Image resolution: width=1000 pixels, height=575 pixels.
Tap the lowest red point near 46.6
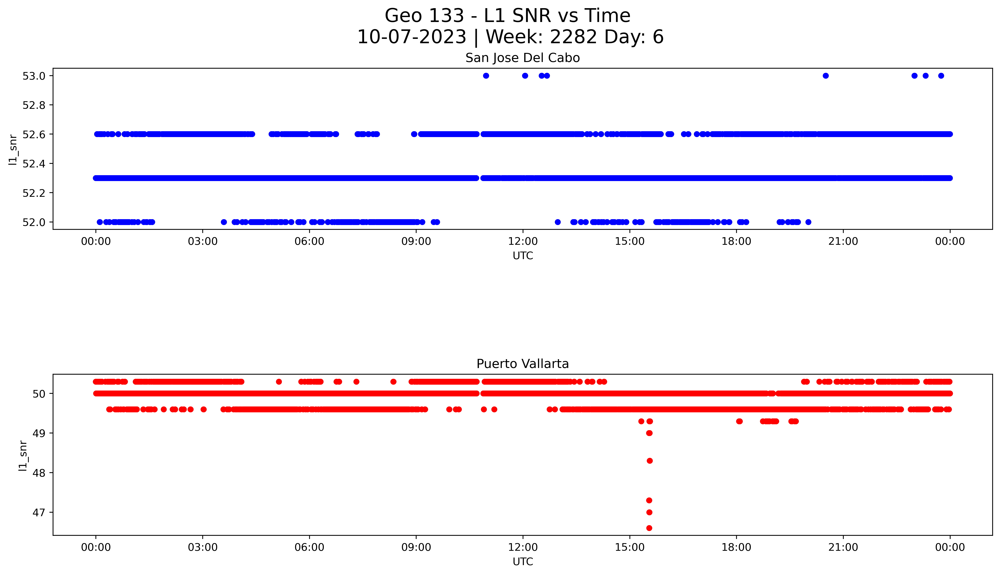coord(649,528)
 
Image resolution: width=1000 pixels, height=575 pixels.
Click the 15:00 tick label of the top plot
coord(630,241)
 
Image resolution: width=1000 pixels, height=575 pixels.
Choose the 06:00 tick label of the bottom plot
coord(309,547)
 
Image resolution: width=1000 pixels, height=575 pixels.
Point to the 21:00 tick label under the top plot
coord(843,241)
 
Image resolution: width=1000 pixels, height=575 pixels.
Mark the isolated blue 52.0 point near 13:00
coord(557,222)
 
